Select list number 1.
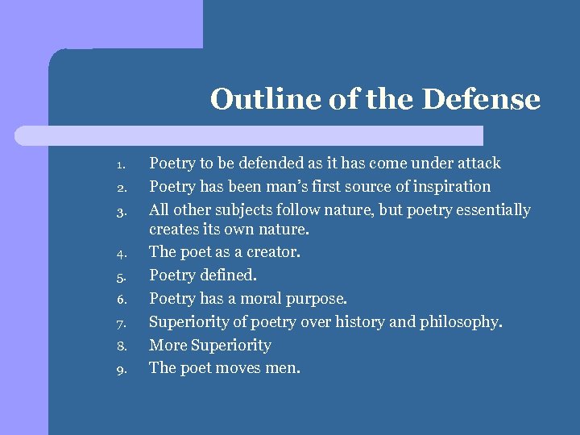point(118,166)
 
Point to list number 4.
point(118,255)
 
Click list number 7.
point(118,325)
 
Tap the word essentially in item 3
point(491,210)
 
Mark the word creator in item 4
point(272,252)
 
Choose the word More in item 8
point(167,346)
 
